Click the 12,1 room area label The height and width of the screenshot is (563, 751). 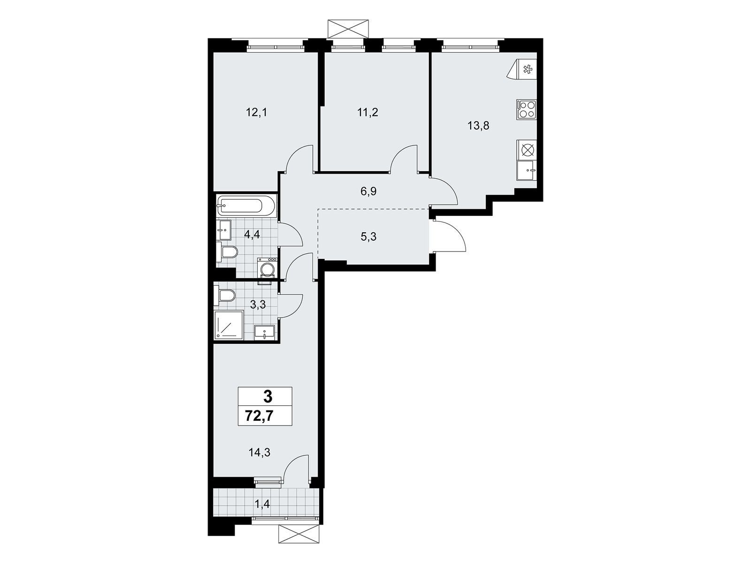[256, 112]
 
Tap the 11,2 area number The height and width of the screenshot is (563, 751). [368, 112]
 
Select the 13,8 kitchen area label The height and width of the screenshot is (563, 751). [479, 126]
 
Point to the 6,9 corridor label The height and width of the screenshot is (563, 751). [368, 191]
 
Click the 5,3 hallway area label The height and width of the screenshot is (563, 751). [368, 236]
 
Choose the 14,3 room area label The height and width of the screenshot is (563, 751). [260, 453]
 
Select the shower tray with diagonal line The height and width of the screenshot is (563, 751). [229, 325]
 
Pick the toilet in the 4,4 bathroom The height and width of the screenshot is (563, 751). [227, 253]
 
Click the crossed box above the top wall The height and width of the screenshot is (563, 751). [348, 29]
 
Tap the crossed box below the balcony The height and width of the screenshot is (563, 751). [299, 544]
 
